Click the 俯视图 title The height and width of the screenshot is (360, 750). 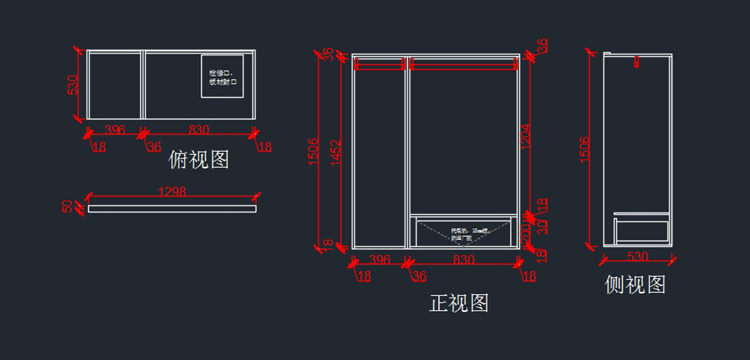click(199, 160)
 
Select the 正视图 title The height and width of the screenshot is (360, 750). click(459, 303)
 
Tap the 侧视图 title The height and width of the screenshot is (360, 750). click(635, 285)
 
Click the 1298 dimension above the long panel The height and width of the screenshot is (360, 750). click(172, 192)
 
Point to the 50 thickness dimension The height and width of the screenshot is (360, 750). click(67, 206)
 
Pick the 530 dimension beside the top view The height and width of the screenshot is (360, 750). click(74, 85)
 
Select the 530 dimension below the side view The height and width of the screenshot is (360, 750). click(637, 256)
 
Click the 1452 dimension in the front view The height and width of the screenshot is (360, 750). click(336, 152)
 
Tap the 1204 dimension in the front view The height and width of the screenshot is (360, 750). click(526, 135)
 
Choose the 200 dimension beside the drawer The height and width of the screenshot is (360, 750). click(525, 232)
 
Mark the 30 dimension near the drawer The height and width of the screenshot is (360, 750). click(542, 226)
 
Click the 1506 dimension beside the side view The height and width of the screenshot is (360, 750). click(585, 149)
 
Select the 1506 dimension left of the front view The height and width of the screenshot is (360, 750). click(314, 152)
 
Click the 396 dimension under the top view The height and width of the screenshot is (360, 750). click(115, 130)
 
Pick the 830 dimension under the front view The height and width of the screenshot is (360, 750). click(464, 259)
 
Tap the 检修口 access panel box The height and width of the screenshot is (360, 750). click(222, 76)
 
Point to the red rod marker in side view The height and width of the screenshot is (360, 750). click(636, 61)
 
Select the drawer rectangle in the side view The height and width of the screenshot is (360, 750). click(642, 231)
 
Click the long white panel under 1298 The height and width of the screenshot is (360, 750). click(172, 207)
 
